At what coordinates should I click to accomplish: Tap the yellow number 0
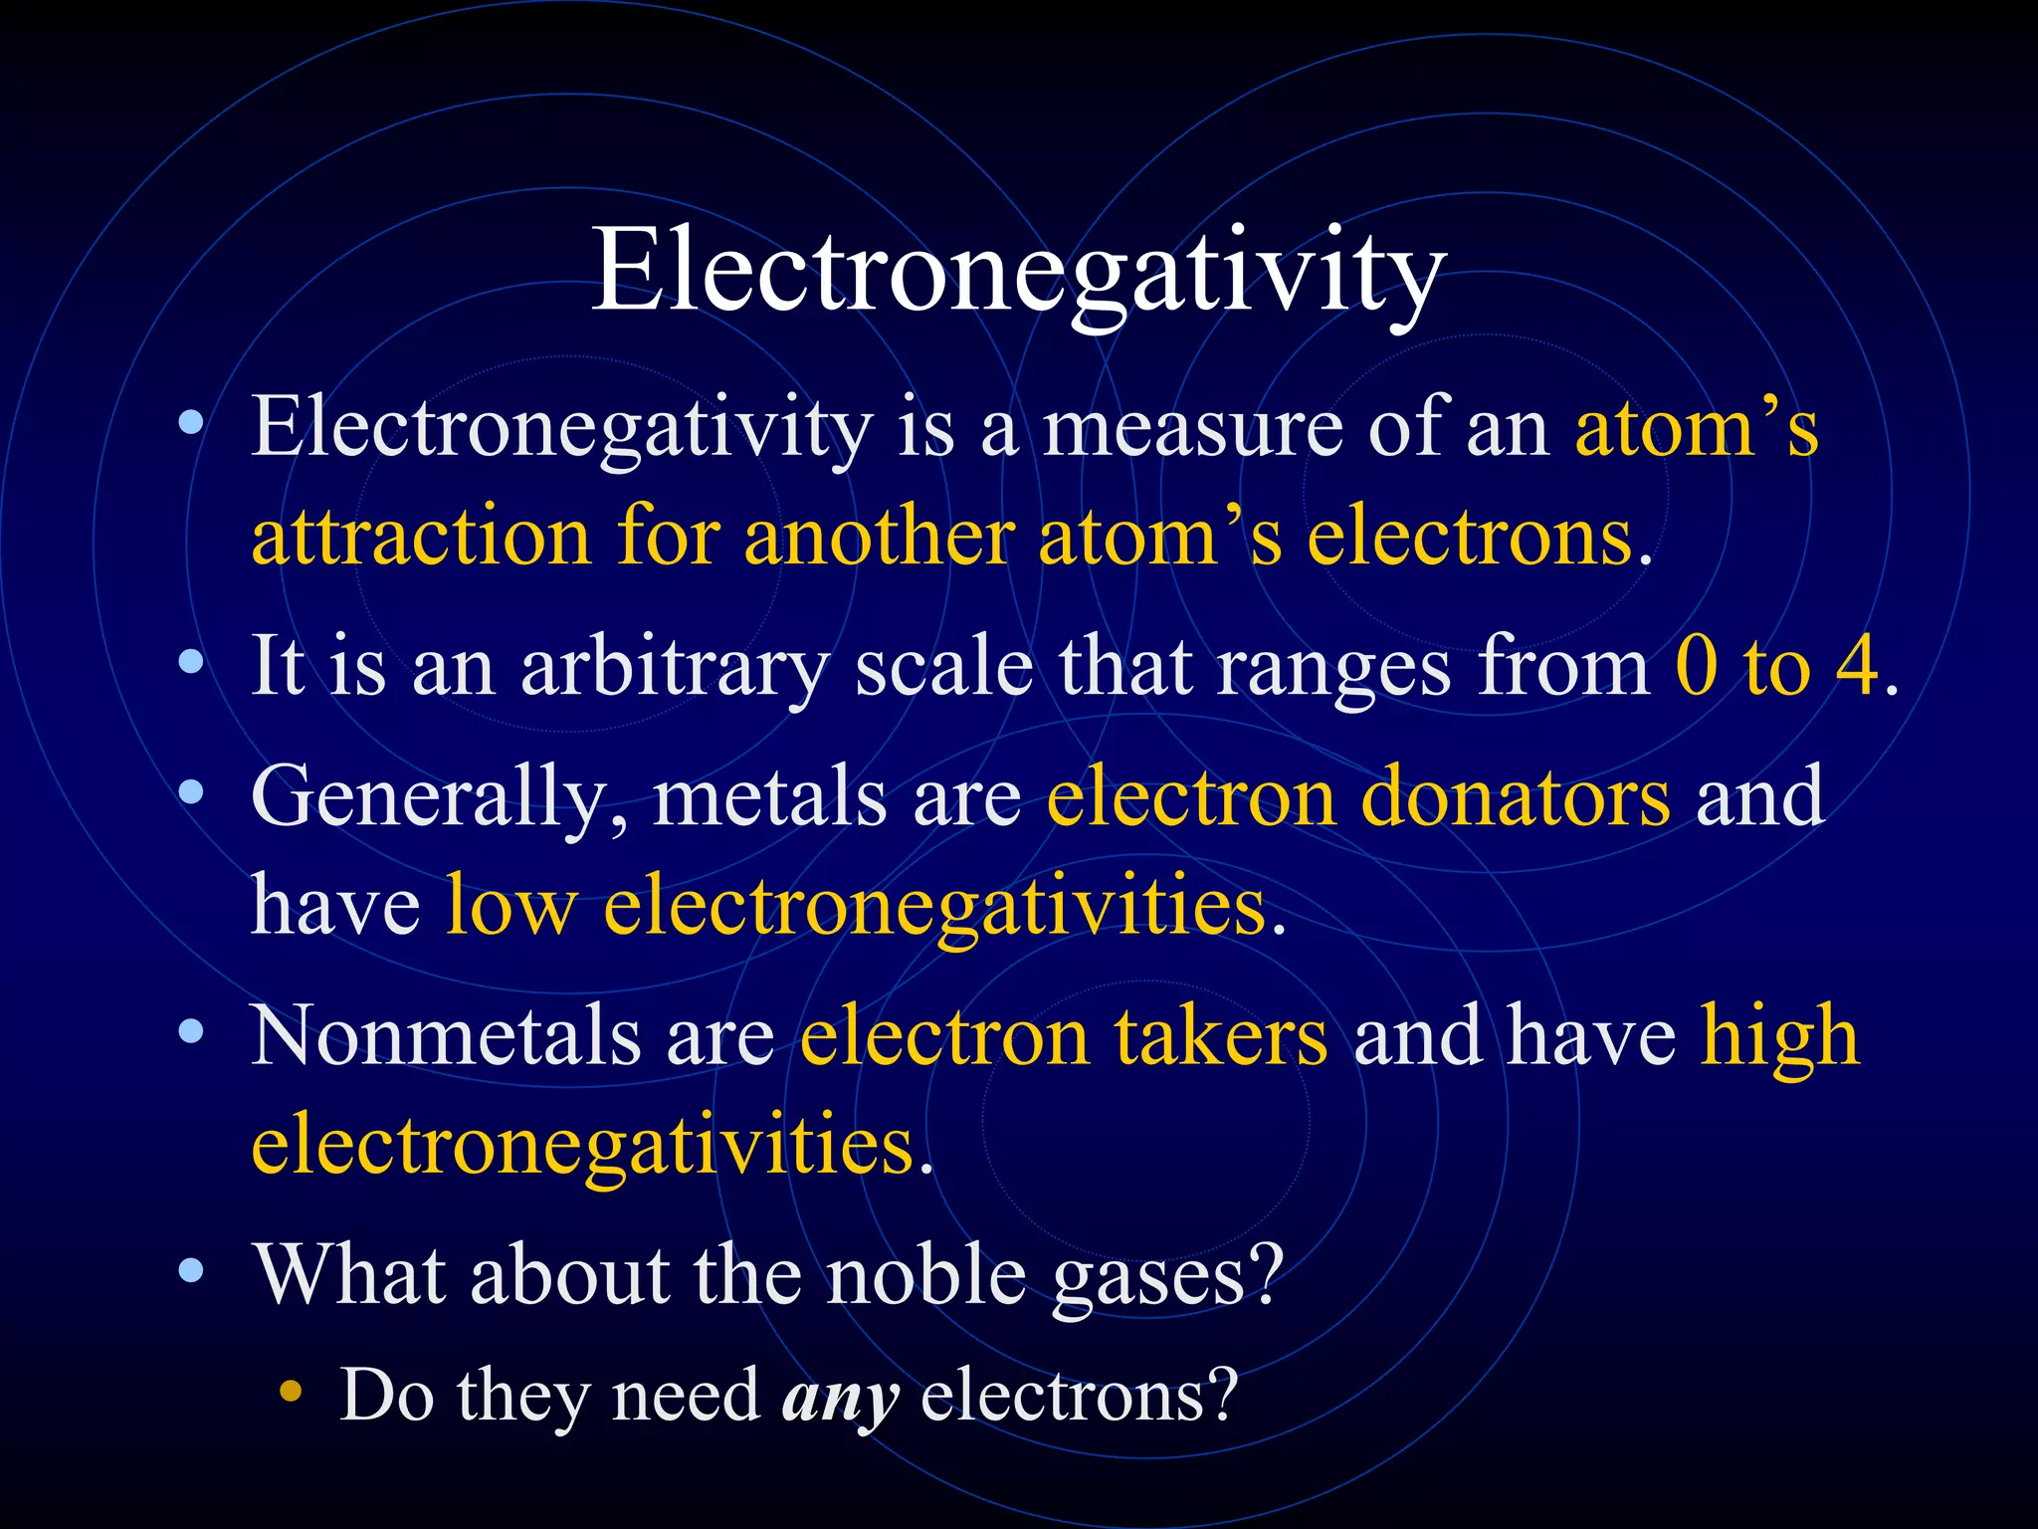click(1697, 665)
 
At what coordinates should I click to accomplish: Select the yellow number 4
click(1857, 665)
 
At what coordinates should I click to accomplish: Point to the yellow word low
click(510, 905)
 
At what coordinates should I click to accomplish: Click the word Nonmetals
click(445, 1036)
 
